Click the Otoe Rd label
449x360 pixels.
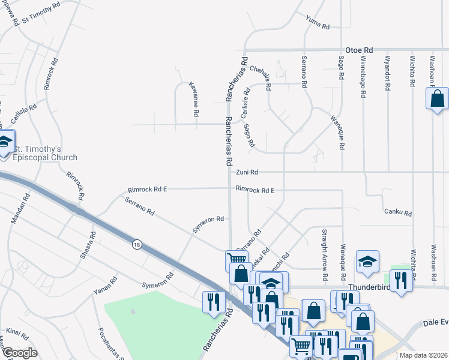(359, 50)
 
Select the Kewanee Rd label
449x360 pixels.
(194, 100)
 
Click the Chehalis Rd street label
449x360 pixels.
(261, 77)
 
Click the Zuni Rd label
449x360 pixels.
(247, 172)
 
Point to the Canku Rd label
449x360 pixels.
(399, 213)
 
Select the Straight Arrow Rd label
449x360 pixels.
(324, 254)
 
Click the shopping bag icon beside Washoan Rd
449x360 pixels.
(437, 98)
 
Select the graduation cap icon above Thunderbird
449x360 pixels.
(367, 261)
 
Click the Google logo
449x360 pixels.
(20, 353)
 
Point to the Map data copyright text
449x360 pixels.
(423, 355)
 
